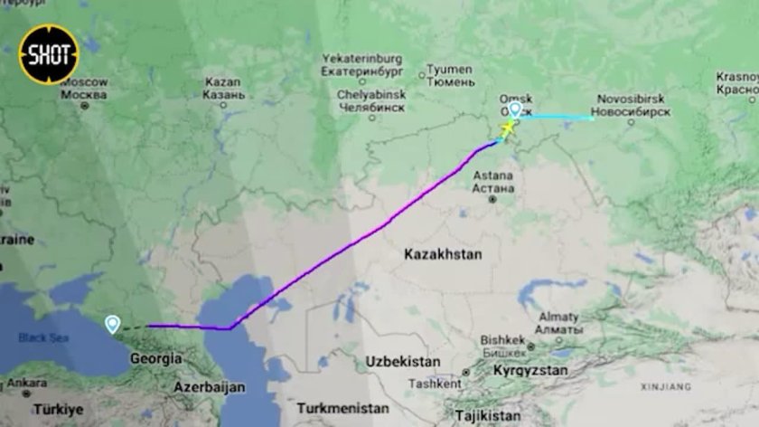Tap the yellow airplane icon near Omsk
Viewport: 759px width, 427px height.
click(x=508, y=128)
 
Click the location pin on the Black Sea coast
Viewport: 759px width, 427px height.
click(x=112, y=324)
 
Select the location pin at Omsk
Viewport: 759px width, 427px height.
click(x=514, y=109)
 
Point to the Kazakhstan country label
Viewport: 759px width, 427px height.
click(x=443, y=254)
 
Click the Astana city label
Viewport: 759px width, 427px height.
click(x=493, y=181)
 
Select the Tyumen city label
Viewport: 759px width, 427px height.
click(x=449, y=75)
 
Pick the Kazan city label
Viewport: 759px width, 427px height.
click(x=223, y=88)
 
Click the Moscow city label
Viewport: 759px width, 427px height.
click(x=84, y=89)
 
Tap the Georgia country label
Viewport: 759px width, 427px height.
click(x=155, y=358)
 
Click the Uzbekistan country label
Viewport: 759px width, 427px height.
click(x=403, y=361)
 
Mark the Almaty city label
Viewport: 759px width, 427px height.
click(x=558, y=322)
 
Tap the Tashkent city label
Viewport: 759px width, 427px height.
click(x=435, y=384)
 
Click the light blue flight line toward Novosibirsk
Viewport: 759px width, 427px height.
click(x=560, y=117)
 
